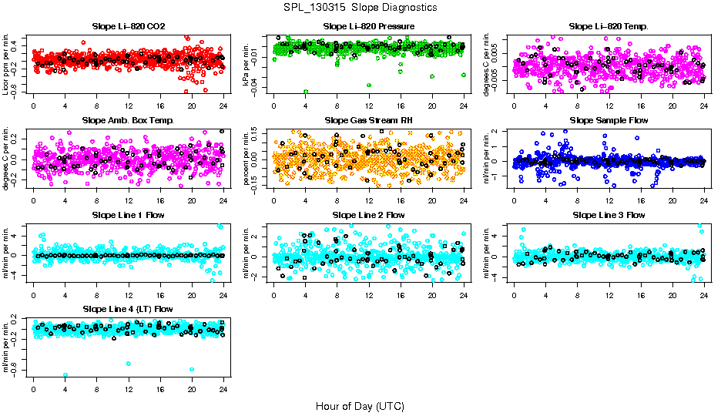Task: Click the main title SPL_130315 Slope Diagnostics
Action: point(360,7)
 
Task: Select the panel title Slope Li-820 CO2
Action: point(128,26)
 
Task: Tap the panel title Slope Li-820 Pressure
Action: point(369,26)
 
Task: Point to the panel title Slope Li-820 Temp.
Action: point(609,26)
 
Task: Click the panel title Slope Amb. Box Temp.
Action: point(128,120)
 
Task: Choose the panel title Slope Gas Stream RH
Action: point(369,120)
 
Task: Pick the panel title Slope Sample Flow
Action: point(609,120)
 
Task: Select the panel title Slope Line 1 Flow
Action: point(128,214)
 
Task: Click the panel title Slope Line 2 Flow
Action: point(369,214)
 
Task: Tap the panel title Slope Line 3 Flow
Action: point(609,214)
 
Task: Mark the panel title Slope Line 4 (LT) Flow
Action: point(128,308)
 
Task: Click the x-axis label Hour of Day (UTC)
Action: point(360,405)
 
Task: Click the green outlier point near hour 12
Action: point(370,85)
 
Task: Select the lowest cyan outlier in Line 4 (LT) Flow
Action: point(65,375)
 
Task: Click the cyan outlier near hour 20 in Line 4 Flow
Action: point(192,370)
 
